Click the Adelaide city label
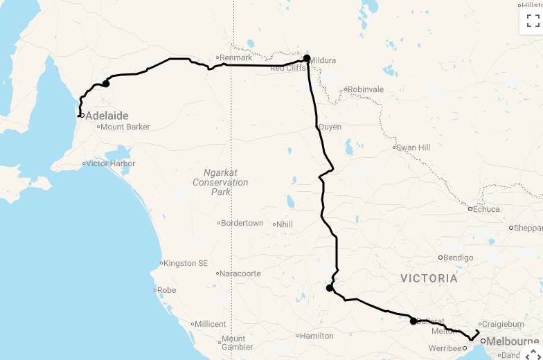coord(107,116)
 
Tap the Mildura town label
coord(323,60)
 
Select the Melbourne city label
coord(513,341)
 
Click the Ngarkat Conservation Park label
coord(221,182)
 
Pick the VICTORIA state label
coord(429,278)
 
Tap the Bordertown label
coord(243,223)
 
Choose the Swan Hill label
coord(413,147)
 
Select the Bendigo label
coord(459,258)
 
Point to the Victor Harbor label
coord(111,163)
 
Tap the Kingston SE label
coord(186,263)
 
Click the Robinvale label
coord(366,89)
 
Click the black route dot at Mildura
coord(307,59)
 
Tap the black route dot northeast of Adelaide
coord(106,84)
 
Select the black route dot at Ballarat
coord(413,321)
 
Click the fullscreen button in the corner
coord(533,20)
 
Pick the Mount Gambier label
coord(233,343)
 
